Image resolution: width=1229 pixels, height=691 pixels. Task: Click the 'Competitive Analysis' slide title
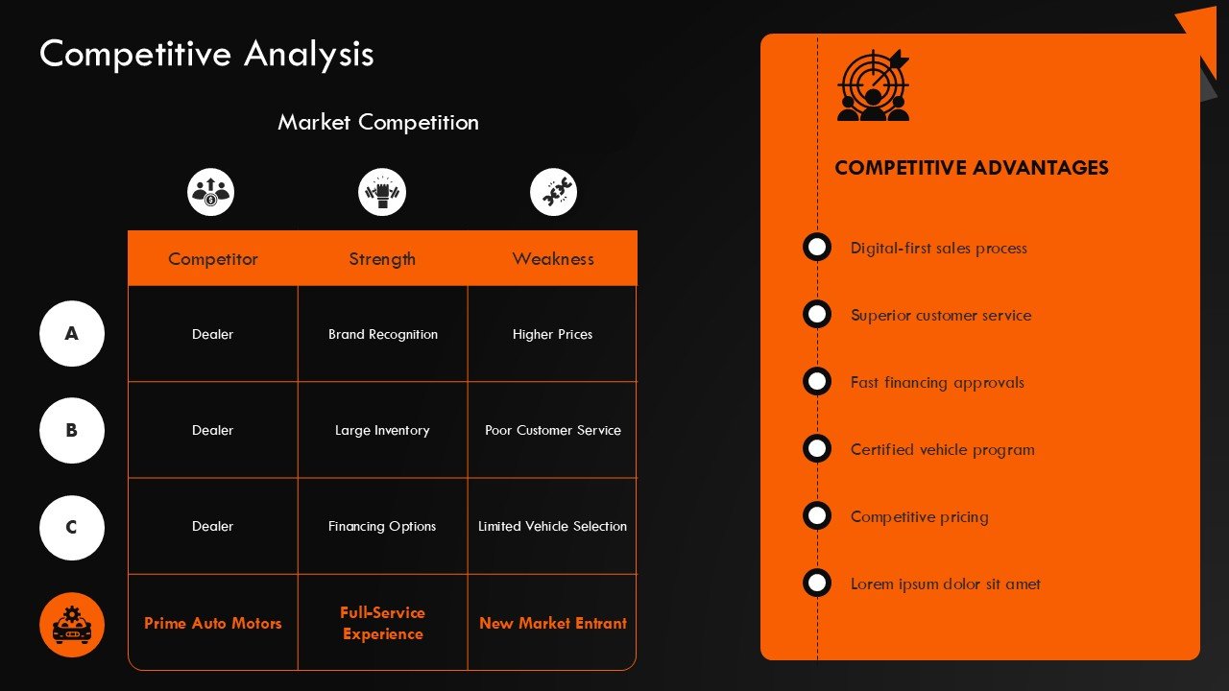tap(206, 54)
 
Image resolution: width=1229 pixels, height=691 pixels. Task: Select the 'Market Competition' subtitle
tap(378, 122)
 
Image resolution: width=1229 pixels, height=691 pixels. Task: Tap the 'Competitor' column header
tap(213, 259)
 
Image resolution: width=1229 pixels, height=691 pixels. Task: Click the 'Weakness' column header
tap(553, 259)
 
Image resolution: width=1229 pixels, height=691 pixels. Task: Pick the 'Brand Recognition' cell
tap(383, 334)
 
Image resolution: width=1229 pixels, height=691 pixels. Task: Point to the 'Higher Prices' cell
tap(552, 334)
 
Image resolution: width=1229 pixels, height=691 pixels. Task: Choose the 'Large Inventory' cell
tap(382, 430)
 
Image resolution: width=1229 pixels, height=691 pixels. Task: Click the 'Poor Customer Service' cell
tap(553, 430)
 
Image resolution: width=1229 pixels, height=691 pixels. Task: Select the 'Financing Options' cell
tap(382, 526)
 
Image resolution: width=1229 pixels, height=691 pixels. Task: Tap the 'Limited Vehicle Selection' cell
tap(552, 526)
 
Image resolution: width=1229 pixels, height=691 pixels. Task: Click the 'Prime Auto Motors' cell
tap(213, 623)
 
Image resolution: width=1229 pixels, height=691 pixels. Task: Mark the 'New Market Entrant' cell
tap(553, 623)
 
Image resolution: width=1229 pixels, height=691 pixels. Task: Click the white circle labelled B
tap(72, 431)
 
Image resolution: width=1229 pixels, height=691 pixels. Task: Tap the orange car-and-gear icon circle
tap(72, 625)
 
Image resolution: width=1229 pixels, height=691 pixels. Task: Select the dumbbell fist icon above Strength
tap(382, 192)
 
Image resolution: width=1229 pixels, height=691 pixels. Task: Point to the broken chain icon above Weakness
tap(553, 192)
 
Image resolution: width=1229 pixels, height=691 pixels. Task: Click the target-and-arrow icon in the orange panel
tap(873, 85)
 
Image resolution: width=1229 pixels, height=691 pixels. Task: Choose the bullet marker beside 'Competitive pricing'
tap(817, 515)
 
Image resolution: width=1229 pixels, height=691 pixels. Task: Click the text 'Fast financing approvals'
tap(937, 382)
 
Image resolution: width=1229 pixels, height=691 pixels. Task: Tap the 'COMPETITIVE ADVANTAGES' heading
tap(972, 168)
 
